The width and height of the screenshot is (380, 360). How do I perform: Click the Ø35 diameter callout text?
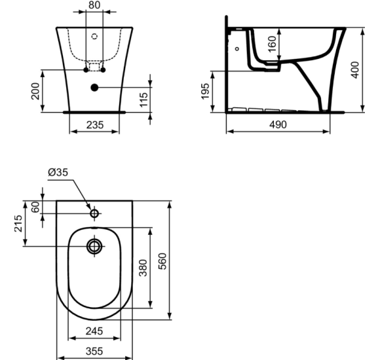[58, 173]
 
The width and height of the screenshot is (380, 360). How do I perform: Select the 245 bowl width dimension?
[94, 332]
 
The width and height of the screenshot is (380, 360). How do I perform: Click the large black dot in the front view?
[94, 87]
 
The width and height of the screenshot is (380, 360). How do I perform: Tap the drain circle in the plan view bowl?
[94, 246]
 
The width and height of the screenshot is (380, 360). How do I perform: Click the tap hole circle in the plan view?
[94, 213]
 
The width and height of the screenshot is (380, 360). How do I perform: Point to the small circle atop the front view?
[94, 36]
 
